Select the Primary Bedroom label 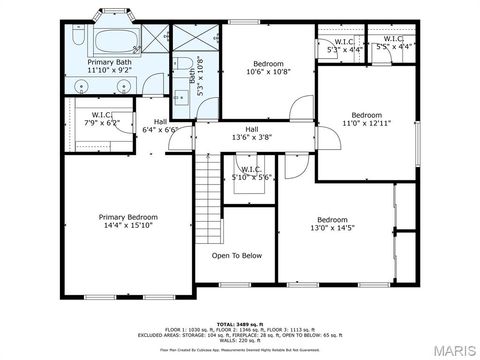pos(128,217)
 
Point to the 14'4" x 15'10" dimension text pos(128,227)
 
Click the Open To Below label pos(237,256)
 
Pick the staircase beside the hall pos(206,186)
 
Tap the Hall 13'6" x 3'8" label pos(252,133)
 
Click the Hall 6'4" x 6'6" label pos(160,124)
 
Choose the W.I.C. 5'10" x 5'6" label pos(251,173)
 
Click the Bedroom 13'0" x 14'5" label pos(332,224)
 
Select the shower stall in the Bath pos(196,39)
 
